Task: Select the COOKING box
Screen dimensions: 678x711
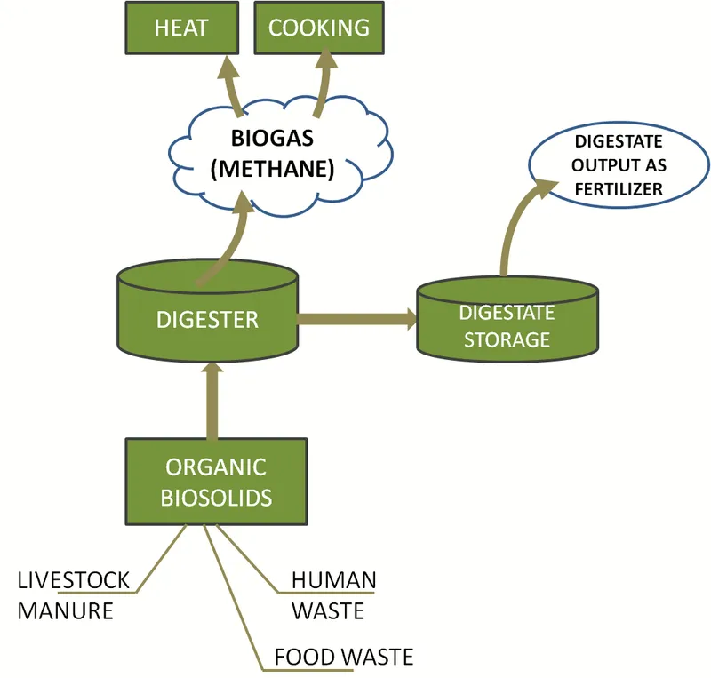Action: coord(318,28)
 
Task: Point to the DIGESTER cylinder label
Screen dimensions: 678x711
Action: coord(207,320)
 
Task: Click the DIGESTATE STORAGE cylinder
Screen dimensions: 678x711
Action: coord(507,324)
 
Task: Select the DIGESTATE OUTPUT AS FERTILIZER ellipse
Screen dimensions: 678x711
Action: coord(619,166)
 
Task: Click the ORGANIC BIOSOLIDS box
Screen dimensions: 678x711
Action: coord(216,481)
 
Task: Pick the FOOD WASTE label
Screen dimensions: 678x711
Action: coord(343,657)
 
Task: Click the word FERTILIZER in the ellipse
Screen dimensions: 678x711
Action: coord(619,189)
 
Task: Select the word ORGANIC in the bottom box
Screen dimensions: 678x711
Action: coord(216,467)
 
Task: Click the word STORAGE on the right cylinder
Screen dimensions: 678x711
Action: coord(507,339)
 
